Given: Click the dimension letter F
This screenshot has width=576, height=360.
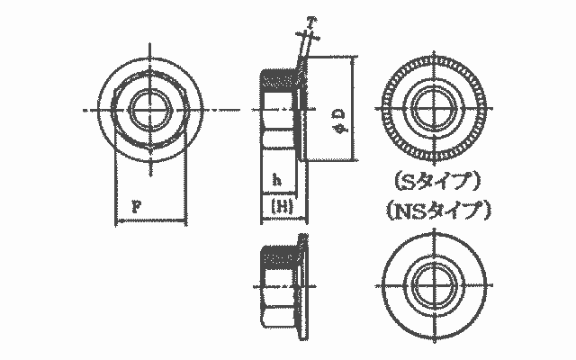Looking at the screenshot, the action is pos(136,207).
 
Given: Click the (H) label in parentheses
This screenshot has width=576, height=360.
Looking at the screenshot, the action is pos(282,206).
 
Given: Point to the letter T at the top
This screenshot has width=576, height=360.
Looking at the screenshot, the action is pos(310,22).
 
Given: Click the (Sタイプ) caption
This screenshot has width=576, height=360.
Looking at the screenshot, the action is pos(437,182).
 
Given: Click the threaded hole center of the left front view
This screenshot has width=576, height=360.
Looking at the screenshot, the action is pos(150,110).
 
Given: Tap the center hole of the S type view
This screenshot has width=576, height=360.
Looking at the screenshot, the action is pos(435,109).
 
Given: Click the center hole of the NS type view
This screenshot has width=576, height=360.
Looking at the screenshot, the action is pos(435,285).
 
